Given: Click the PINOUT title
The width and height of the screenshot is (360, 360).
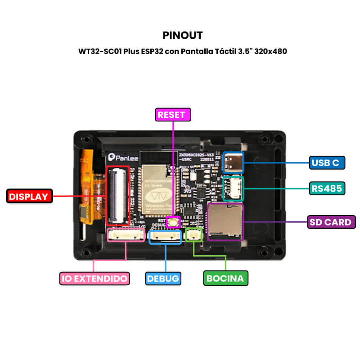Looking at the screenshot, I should click(182, 35).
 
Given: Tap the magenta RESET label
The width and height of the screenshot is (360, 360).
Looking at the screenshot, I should click(173, 115).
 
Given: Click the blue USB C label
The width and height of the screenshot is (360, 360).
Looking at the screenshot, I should click(327, 162).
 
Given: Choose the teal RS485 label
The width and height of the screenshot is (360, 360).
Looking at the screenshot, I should click(327, 188).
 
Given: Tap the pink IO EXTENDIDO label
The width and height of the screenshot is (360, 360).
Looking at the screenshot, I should click(95, 278).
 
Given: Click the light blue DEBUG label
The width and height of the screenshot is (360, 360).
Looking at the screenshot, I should click(163, 278).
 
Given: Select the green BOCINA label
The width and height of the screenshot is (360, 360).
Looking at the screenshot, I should click(225, 278).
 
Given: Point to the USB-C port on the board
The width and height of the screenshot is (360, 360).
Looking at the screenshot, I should click(233, 162).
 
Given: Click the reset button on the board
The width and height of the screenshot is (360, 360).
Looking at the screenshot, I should click(173, 221).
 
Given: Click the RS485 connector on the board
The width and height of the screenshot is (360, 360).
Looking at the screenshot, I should click(233, 188).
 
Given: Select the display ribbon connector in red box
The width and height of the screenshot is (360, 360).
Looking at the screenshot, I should click(117, 195).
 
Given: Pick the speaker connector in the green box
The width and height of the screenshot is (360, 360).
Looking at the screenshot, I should click(194, 234).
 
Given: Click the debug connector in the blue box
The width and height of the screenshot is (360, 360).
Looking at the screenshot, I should click(165, 235).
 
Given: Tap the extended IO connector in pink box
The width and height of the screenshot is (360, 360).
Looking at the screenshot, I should click(126, 234).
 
